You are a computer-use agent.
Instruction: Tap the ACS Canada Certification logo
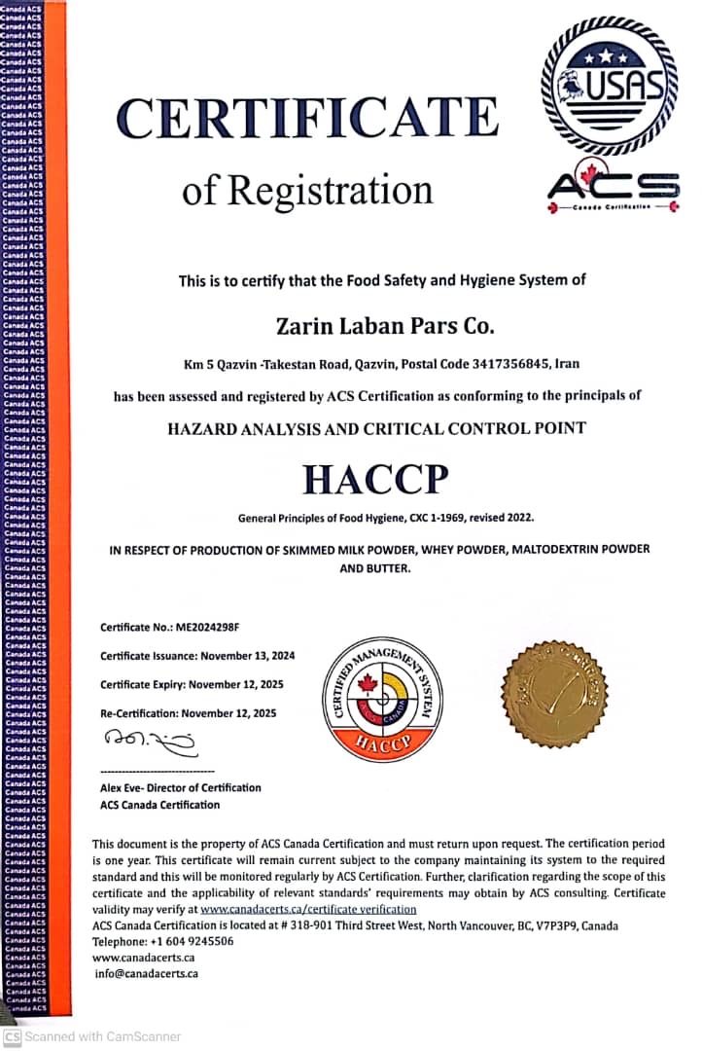pyautogui.click(x=613, y=186)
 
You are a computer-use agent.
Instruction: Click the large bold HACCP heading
pyautogui.click(x=375, y=479)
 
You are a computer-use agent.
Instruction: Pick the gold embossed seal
pyautogui.click(x=554, y=693)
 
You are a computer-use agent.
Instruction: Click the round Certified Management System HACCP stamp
pyautogui.click(x=382, y=699)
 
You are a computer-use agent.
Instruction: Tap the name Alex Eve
pyautogui.click(x=122, y=787)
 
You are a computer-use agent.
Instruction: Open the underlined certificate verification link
pyautogui.click(x=308, y=909)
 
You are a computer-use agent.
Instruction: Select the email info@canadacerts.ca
pyautogui.click(x=147, y=972)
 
